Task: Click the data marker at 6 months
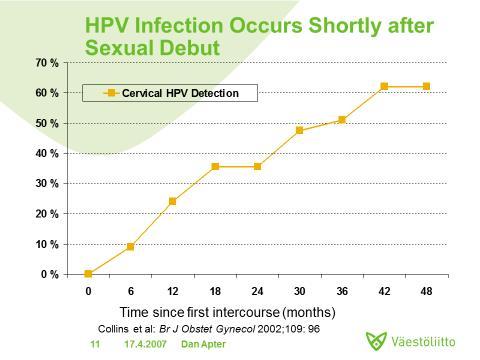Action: [130, 246]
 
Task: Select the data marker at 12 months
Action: [172, 201]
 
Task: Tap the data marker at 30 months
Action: [299, 131]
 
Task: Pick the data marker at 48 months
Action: [427, 86]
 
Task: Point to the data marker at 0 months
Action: [88, 274]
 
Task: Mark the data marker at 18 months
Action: [215, 166]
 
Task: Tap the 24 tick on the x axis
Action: [257, 291]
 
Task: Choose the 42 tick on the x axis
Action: [384, 291]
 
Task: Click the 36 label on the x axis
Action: [342, 291]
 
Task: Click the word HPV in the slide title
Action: [111, 22]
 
